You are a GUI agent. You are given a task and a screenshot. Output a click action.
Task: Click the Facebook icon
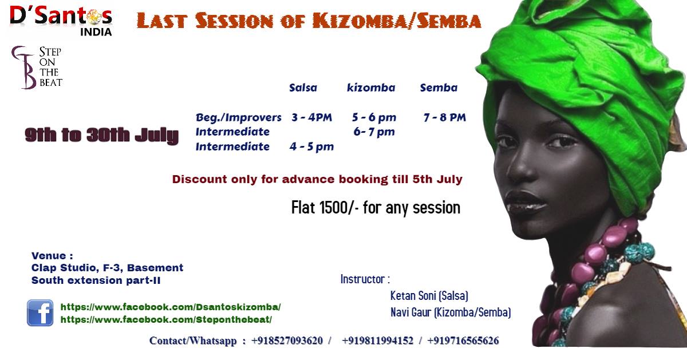(x=40, y=312)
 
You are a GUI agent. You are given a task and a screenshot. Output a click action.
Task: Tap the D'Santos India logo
(x=61, y=21)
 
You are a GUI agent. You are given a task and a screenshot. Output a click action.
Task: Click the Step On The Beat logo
(x=37, y=68)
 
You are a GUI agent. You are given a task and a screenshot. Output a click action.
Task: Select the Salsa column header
(x=303, y=88)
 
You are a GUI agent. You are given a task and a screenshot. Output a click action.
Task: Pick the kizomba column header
(x=371, y=88)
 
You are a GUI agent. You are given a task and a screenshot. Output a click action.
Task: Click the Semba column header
(x=439, y=88)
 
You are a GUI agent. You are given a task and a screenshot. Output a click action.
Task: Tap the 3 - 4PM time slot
(x=311, y=117)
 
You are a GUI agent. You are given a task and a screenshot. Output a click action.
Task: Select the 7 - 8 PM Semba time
(x=445, y=117)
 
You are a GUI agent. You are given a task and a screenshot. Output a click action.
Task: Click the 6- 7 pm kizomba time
(x=374, y=132)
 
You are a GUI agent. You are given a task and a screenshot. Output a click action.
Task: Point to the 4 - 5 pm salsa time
(x=311, y=147)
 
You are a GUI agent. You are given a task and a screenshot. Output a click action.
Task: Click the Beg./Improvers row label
(x=238, y=117)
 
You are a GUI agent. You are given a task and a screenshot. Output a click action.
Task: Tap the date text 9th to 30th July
(x=101, y=135)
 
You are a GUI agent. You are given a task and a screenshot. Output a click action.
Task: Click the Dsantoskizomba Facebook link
(x=171, y=307)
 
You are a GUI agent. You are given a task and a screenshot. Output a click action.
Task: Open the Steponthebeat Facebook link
(x=166, y=319)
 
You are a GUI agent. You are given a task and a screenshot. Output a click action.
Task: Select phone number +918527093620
(x=287, y=341)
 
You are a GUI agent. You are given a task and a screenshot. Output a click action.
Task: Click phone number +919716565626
(x=463, y=341)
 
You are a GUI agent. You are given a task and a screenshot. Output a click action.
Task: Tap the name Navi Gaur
(x=410, y=312)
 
